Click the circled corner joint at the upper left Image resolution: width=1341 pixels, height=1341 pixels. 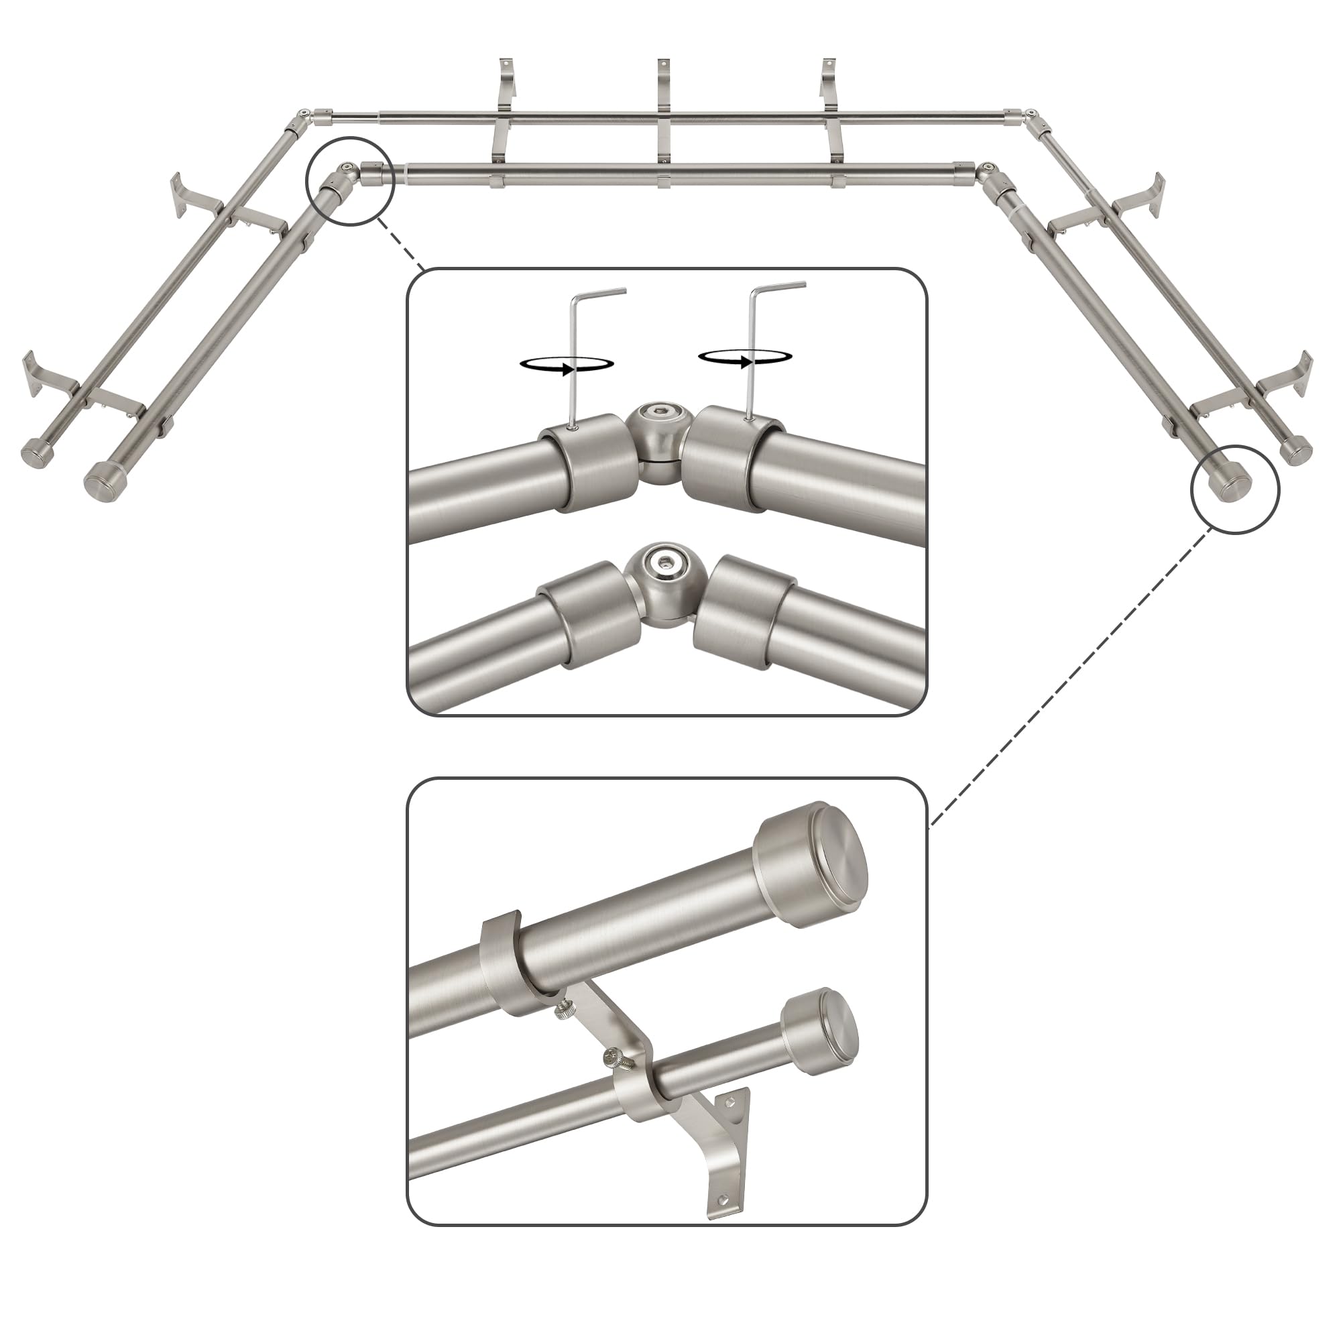pyautogui.click(x=347, y=178)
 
